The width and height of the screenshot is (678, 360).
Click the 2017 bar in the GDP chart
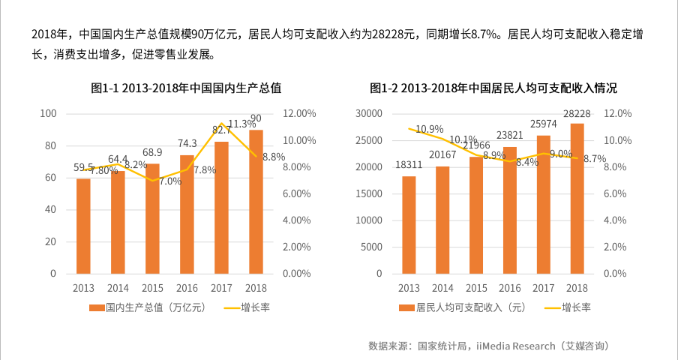(x=222, y=207)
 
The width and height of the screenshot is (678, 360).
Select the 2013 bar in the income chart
(x=409, y=224)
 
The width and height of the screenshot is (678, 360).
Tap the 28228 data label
(x=577, y=114)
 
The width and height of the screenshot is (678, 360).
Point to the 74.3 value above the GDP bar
(x=187, y=143)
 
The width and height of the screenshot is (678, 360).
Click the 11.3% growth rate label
(x=242, y=124)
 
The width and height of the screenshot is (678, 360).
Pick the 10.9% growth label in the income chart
(x=430, y=129)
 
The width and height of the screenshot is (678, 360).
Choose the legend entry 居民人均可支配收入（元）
(x=463, y=307)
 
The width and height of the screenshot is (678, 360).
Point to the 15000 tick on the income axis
(x=369, y=193)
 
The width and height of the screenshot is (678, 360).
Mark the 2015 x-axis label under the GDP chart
(x=152, y=288)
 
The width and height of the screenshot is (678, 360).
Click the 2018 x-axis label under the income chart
(x=577, y=288)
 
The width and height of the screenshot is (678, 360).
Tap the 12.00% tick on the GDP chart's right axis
(x=300, y=113)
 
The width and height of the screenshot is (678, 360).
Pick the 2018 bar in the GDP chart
(x=256, y=201)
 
